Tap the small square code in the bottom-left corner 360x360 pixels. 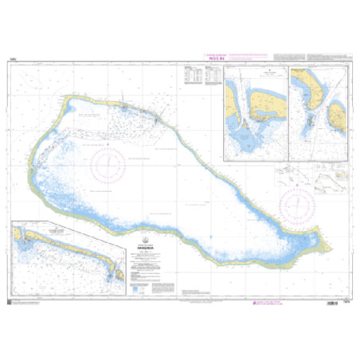9,299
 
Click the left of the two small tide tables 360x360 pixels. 190,74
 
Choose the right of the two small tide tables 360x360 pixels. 212,74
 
